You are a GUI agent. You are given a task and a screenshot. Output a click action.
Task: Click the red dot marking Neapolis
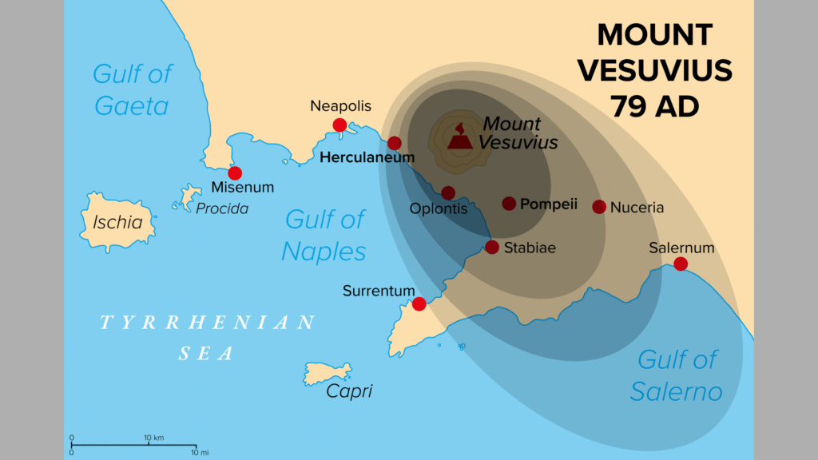coord(340,125)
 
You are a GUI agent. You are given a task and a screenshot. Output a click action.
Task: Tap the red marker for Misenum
coord(235,173)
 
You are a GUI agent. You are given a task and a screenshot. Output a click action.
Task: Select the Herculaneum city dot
coord(395,144)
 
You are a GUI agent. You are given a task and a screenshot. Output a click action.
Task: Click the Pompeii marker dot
coord(509,204)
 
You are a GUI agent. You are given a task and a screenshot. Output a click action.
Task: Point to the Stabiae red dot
coord(492,248)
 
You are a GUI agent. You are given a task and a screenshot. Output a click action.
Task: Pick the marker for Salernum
coord(681,264)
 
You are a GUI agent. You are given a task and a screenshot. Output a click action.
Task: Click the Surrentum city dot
coord(419,303)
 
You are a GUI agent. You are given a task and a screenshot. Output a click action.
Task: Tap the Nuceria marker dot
coord(599,207)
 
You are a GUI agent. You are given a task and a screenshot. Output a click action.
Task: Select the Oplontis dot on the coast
coord(448,193)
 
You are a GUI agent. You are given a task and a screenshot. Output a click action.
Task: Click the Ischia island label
coord(117,223)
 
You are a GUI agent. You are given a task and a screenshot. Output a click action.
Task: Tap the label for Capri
coord(349,391)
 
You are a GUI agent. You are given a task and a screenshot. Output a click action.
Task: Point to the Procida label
coord(222,208)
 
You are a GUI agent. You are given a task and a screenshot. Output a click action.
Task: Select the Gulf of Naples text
coord(324,235)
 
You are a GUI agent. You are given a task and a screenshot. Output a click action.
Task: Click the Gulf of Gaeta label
coord(132,89)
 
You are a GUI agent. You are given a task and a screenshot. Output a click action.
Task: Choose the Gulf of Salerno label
coord(677,375)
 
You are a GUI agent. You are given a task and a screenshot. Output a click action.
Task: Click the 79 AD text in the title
coord(655,105)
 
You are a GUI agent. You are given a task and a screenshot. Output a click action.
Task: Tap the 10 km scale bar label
coord(153,438)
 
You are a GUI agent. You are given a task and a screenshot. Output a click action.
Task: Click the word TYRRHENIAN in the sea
coord(208,323)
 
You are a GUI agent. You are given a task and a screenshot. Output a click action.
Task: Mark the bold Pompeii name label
coord(549,204)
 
